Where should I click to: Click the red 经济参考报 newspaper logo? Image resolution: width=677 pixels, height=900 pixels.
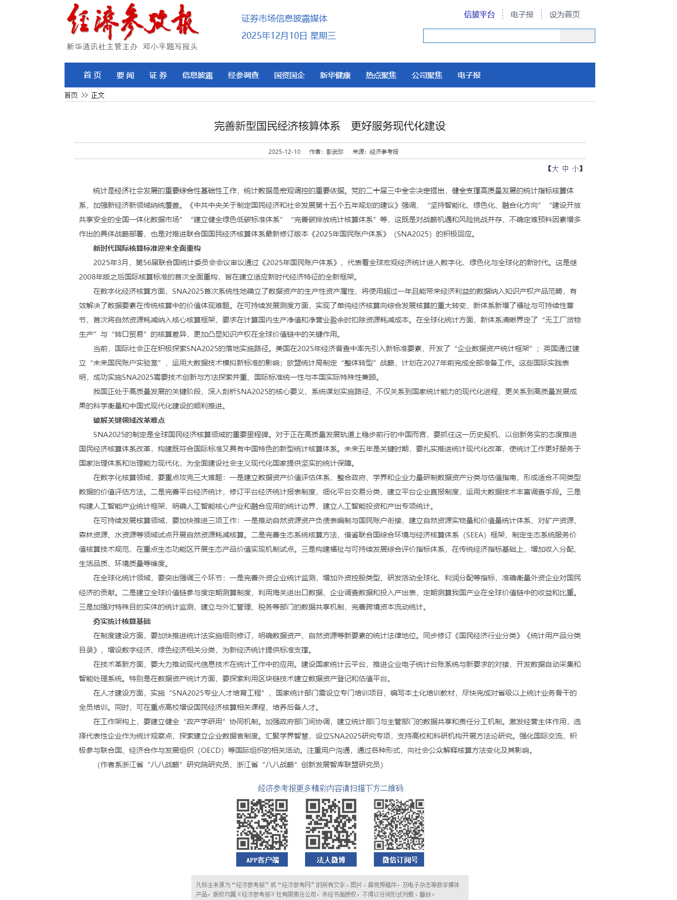click(132, 21)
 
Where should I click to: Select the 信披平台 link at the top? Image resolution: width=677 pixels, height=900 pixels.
click(479, 14)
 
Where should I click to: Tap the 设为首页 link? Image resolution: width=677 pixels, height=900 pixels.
click(564, 14)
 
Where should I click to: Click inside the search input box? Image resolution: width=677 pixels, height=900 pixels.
click(491, 36)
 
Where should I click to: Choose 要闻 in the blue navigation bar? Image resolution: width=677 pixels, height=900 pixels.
click(125, 75)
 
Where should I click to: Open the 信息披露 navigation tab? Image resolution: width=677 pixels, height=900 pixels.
click(197, 75)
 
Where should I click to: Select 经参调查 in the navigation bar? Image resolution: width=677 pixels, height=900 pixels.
click(243, 75)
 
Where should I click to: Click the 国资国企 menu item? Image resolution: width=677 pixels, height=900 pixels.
click(289, 75)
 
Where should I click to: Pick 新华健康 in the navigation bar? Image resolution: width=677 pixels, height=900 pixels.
click(335, 75)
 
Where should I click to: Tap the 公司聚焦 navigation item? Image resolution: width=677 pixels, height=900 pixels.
click(427, 75)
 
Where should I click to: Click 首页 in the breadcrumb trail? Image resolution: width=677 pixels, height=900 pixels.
click(71, 95)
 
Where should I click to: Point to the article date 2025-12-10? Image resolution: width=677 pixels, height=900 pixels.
click(284, 151)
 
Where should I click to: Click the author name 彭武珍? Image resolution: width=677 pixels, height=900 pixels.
click(335, 151)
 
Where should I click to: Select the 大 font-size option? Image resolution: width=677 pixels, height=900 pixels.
click(555, 168)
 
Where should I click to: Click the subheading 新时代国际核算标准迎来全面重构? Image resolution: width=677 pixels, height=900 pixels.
click(147, 248)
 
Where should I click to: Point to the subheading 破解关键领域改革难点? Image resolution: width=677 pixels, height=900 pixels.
click(129, 420)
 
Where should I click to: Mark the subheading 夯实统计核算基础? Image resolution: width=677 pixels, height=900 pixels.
click(122, 621)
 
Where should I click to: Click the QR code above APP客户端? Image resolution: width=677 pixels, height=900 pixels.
click(262, 824)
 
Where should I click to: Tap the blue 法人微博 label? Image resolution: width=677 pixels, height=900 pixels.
click(331, 859)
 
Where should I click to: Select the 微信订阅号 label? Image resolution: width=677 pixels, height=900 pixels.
click(399, 859)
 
